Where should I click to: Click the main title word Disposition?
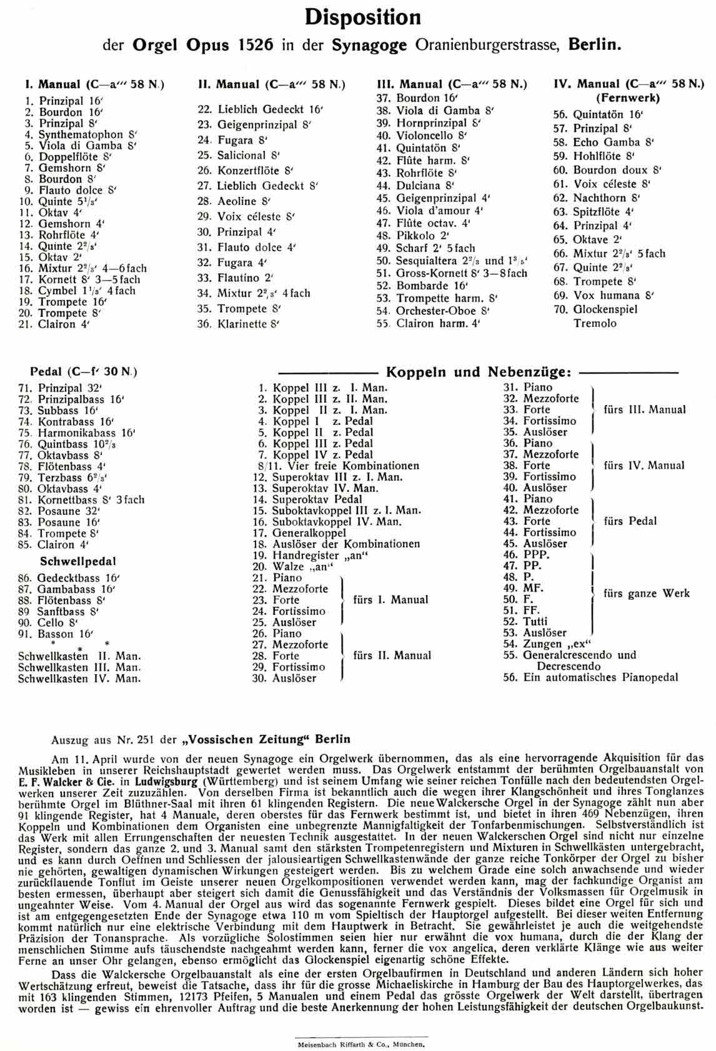362,17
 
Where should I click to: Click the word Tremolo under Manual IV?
595,323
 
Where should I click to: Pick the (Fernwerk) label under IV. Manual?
627,97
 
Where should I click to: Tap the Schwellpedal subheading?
78,561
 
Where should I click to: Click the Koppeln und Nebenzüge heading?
479,372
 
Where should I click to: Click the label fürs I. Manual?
391,600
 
